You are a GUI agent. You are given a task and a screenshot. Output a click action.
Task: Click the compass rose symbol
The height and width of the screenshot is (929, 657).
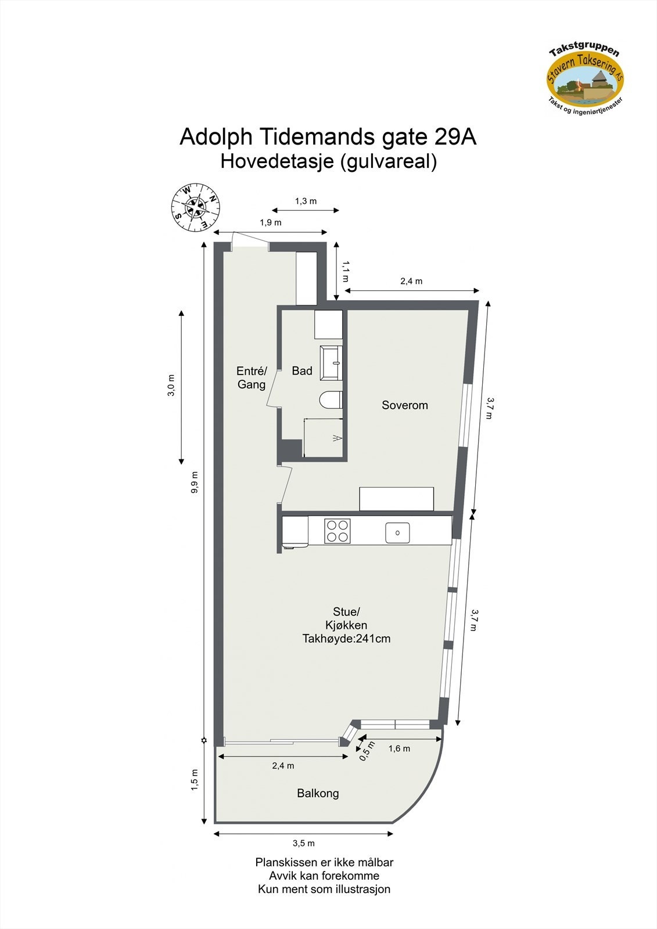196,207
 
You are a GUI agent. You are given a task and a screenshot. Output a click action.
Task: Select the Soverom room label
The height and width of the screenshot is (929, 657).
404,405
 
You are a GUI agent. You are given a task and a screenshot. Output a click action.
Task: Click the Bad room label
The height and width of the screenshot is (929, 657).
302,371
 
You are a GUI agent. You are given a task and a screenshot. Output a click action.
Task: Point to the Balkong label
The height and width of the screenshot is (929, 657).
318,793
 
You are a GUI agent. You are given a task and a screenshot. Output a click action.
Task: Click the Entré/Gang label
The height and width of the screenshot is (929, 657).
252,377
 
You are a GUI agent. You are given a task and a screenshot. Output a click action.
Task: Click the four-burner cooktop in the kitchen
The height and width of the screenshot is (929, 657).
338,530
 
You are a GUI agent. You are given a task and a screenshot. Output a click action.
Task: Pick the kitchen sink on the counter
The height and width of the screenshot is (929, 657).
397,532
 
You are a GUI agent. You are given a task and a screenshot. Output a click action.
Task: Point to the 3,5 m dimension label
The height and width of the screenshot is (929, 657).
303,843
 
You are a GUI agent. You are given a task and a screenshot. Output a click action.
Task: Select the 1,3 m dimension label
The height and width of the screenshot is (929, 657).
306,201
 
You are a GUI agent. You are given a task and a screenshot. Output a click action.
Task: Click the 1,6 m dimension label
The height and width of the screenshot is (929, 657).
399,748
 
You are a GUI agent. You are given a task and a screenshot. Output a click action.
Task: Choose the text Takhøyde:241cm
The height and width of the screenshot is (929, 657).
346,639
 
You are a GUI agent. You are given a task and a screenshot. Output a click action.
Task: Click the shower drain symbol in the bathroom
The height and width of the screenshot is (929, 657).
336,438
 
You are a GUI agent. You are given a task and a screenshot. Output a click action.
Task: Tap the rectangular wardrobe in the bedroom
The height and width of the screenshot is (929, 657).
396,499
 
